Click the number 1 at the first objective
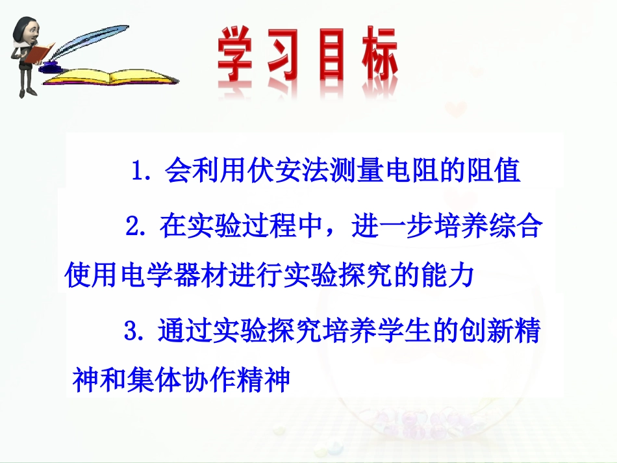tap(137, 171)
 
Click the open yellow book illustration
tap(110, 77)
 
